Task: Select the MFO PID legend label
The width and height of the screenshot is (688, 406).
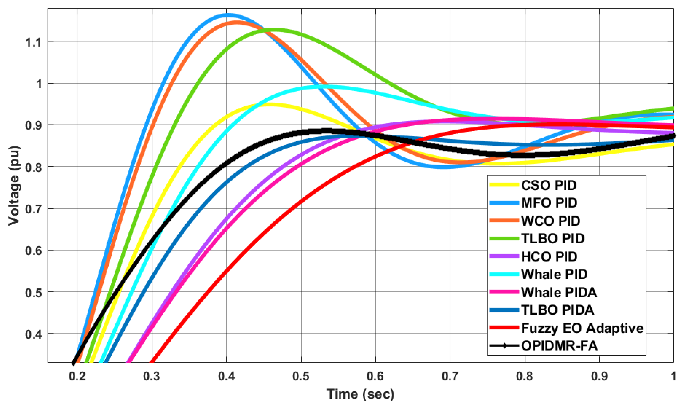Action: (x=549, y=203)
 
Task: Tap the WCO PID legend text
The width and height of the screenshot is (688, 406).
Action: (x=550, y=221)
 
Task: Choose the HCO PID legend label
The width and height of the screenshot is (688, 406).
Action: (x=549, y=257)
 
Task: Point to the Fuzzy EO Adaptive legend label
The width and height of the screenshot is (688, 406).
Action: (x=582, y=328)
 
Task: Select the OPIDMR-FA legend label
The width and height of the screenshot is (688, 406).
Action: (x=559, y=346)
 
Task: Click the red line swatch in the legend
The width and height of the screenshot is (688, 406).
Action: (x=504, y=327)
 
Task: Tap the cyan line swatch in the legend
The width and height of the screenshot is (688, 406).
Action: (x=504, y=274)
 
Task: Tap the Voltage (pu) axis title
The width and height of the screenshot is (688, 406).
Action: (x=14, y=186)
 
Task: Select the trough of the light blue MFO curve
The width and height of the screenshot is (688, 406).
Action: (x=445, y=167)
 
